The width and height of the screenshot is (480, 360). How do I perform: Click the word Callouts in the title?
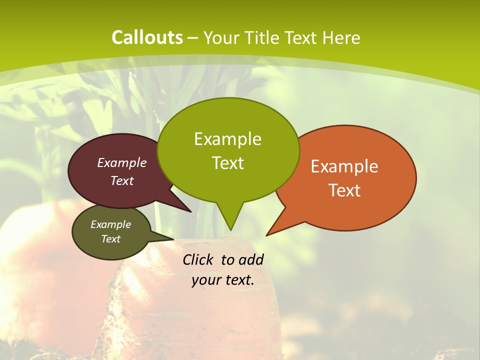147,37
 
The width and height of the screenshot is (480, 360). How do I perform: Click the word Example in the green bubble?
227,139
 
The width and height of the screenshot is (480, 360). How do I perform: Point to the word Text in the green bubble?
227,163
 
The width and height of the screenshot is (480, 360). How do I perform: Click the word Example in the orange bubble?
344,166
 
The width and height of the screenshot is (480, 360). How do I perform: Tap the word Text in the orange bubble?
344,190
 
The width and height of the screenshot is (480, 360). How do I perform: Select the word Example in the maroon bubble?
122,163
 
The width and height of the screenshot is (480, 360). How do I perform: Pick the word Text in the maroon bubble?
122,181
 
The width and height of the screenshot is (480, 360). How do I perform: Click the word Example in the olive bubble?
111,225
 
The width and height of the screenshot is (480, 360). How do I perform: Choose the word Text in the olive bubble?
111,239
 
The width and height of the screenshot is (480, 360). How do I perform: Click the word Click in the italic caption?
199,260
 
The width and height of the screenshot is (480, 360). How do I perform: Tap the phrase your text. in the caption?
223,280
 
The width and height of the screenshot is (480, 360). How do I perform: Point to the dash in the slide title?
193,37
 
